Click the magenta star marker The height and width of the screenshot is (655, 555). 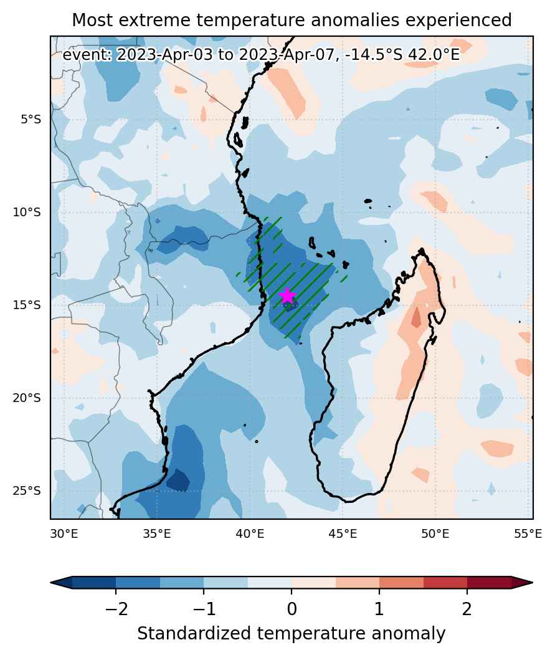287,295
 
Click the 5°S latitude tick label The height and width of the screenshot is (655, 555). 31,120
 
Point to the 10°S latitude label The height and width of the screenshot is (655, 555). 27,213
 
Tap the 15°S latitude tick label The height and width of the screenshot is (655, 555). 27,305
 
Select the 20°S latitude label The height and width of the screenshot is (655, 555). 27,398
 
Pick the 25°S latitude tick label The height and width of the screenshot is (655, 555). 27,491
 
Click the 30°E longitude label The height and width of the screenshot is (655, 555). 64,534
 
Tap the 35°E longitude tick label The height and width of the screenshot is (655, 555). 157,534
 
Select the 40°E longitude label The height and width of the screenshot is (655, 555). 250,534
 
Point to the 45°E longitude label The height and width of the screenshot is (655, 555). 343,534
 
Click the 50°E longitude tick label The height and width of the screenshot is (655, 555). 435,534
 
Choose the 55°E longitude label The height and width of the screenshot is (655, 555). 528,534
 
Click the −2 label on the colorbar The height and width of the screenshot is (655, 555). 116,610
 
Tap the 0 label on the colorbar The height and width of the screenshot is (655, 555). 292,610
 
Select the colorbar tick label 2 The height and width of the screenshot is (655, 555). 467,610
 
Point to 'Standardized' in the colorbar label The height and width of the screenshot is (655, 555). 194,634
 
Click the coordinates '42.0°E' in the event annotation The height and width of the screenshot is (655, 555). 433,55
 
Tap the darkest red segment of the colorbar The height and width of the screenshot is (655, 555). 489,582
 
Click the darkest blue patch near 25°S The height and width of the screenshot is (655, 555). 178,480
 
